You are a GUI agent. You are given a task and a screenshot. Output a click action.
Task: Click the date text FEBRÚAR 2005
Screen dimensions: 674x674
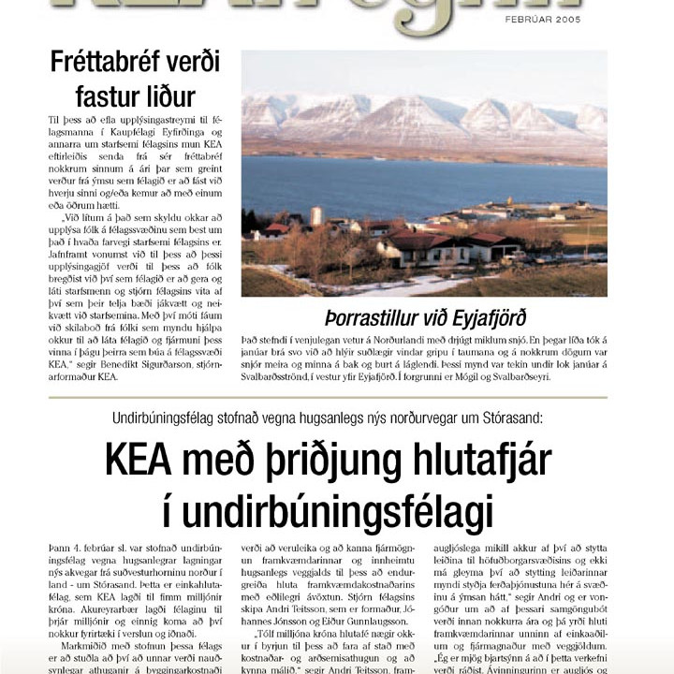coord(543,19)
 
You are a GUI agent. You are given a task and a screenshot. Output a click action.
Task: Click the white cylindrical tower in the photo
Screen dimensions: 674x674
coord(316,216)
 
